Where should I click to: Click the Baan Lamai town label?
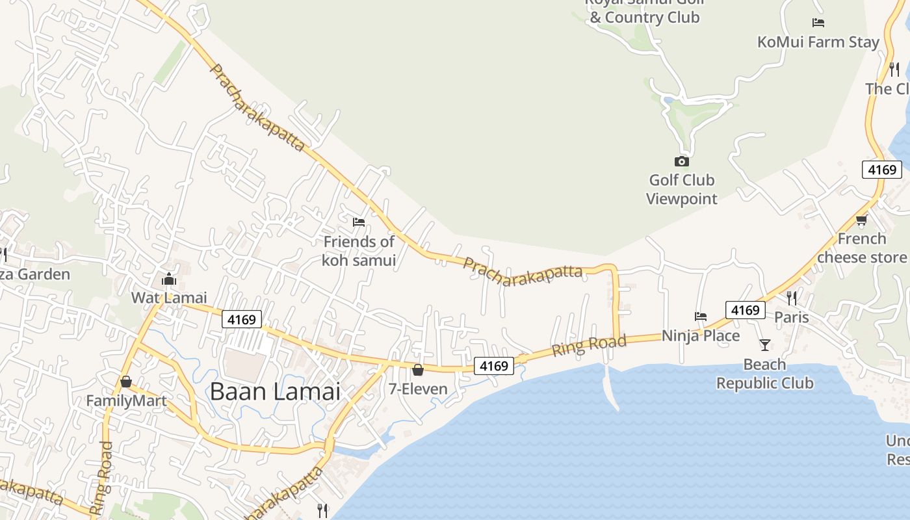tap(275, 391)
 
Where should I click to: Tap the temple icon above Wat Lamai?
tap(169, 279)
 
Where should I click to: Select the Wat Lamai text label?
tap(169, 298)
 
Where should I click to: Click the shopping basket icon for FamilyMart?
tap(126, 382)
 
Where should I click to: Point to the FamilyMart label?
tap(126, 401)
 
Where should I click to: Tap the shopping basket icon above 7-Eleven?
tap(418, 370)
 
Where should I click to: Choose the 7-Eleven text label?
tap(418, 389)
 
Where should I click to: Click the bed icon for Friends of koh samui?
tap(359, 222)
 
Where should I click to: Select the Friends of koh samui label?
tap(359, 251)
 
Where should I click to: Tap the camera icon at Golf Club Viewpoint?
tap(681, 161)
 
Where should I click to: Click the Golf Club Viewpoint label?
tap(681, 189)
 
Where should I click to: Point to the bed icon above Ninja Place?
tap(701, 317)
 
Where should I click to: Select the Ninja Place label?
tap(701, 336)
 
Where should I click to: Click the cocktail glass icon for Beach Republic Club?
tap(765, 344)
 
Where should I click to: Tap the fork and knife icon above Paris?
tap(792, 298)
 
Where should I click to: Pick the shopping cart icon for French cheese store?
tap(862, 220)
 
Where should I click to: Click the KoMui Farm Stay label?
tap(818, 42)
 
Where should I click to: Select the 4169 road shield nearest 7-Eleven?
tap(493, 366)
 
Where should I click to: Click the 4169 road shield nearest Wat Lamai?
tap(242, 319)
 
